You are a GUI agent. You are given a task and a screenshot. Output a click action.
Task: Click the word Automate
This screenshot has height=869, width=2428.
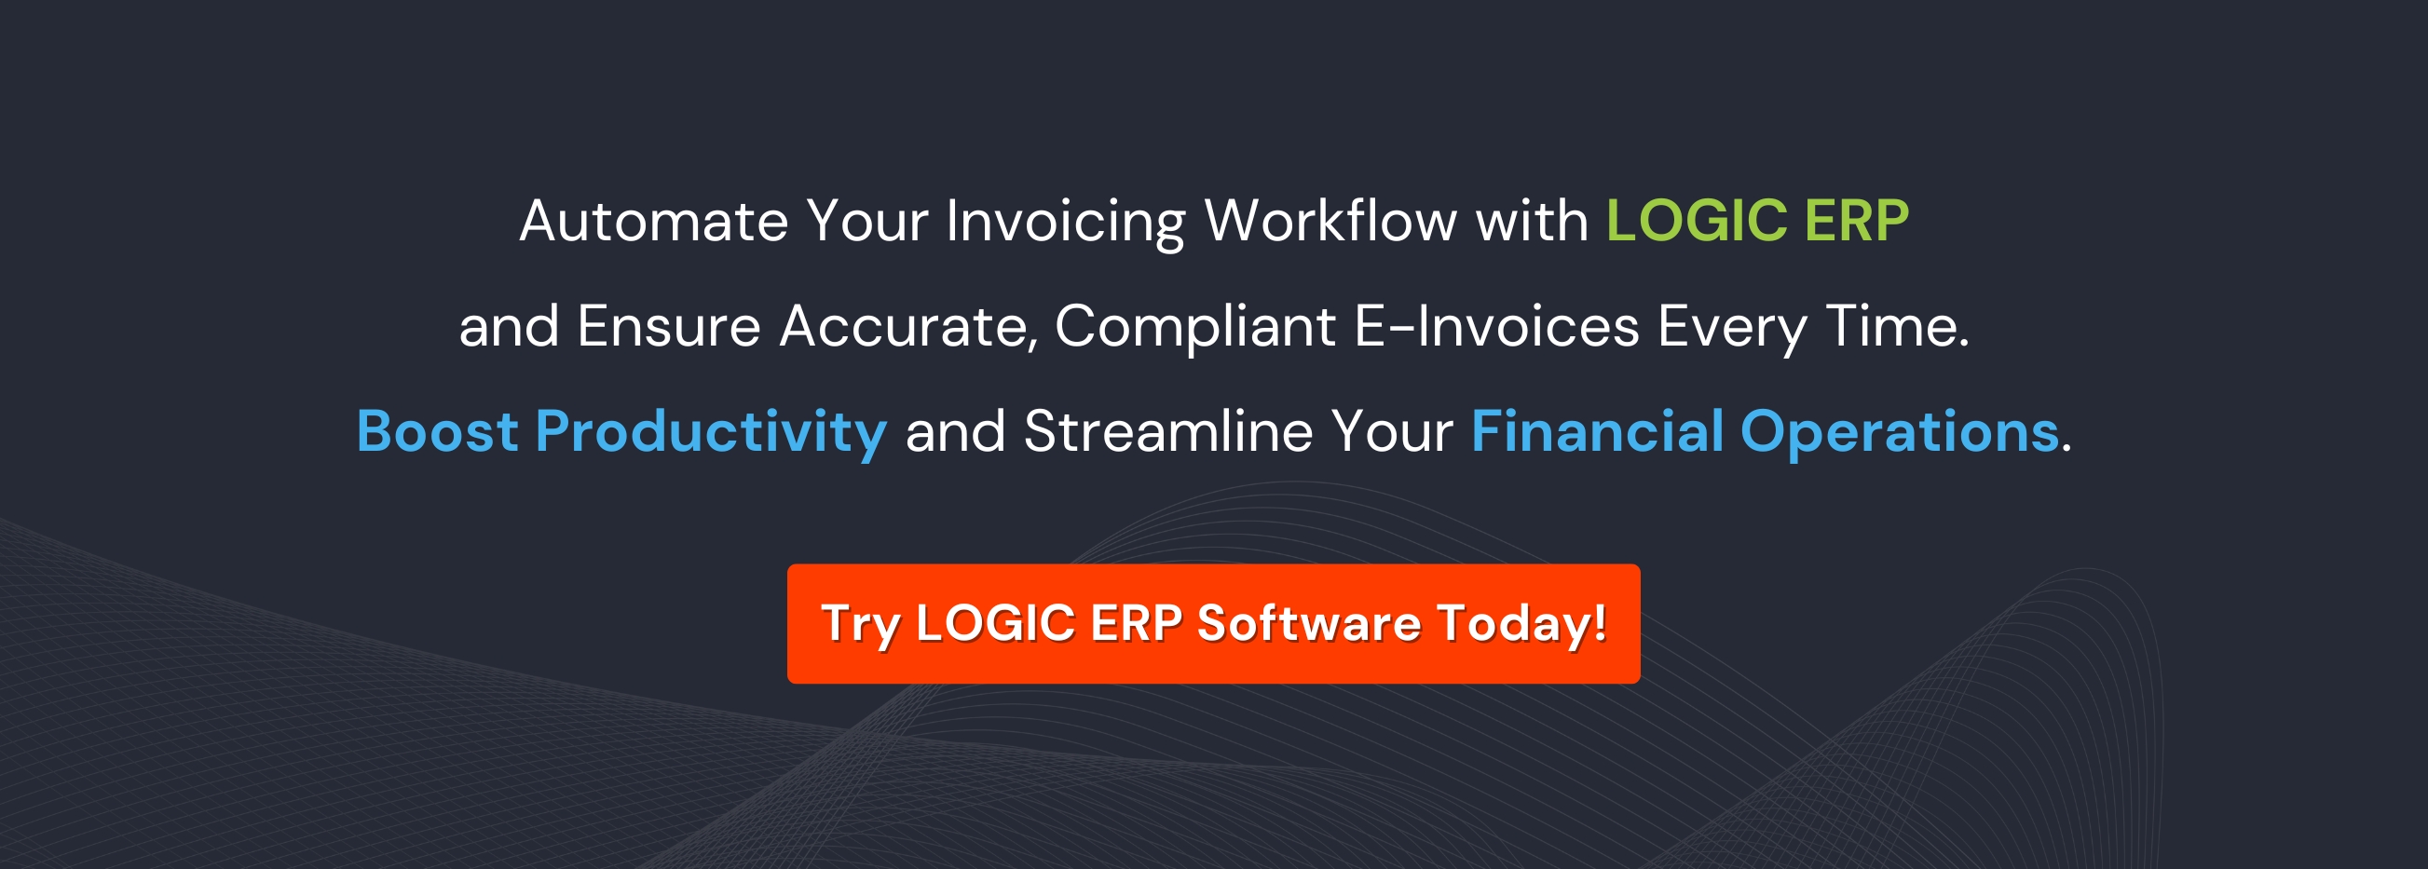653,222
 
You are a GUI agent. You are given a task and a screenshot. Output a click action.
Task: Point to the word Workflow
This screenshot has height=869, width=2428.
1330,222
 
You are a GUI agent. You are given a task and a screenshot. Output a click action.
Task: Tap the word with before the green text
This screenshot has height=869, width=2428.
1532,222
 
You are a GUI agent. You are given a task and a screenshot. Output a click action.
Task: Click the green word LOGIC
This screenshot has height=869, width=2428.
1696,222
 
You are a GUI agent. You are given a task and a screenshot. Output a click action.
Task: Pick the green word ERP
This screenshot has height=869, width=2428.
1856,222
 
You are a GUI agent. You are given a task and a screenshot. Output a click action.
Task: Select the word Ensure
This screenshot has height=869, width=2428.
668,327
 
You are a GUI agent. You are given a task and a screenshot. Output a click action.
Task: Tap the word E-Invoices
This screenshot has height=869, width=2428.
1496,327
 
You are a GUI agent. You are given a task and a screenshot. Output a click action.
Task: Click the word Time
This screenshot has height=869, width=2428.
1895,327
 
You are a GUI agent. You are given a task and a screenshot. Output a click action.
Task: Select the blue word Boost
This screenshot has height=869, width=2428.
437,431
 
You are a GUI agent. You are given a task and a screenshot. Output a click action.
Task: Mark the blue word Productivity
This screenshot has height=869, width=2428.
711,433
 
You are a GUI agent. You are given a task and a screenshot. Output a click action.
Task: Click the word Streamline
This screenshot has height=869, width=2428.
1167,431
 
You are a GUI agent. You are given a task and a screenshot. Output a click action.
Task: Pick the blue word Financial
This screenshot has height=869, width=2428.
1597,431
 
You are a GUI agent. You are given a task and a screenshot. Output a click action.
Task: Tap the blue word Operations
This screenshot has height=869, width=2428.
1898,433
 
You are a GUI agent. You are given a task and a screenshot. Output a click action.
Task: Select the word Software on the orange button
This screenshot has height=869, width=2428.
1308,623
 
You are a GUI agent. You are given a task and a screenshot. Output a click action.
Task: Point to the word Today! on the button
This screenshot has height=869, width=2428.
1521,625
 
